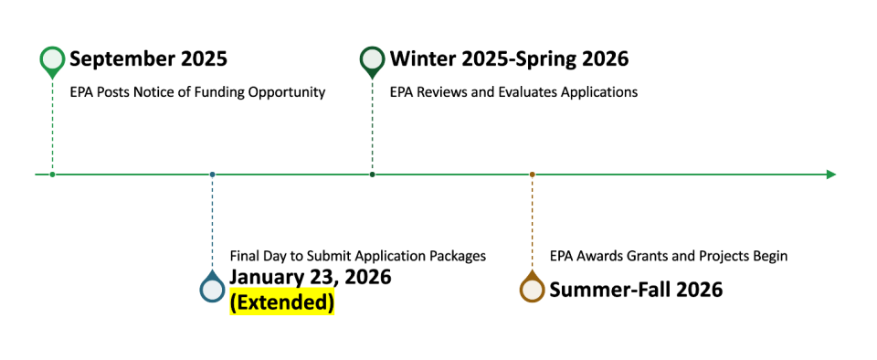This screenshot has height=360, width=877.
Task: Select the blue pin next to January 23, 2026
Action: (213, 289)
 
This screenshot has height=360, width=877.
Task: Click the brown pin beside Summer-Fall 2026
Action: (532, 289)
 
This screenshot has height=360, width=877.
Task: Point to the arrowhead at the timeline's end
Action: (830, 174)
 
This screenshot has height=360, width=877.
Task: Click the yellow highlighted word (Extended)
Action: (281, 302)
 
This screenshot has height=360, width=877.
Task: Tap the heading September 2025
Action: (148, 59)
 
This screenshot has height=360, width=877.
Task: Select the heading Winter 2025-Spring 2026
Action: (509, 59)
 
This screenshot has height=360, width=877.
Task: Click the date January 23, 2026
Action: (310, 277)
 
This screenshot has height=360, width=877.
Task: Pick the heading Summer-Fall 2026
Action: (636, 290)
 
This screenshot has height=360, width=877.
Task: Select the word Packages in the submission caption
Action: (455, 256)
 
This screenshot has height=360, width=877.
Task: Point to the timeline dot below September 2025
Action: (53, 174)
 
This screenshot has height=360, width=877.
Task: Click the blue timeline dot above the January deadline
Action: (213, 174)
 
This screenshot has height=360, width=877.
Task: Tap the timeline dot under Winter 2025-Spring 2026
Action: (373, 174)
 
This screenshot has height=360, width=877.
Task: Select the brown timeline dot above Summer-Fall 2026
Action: (532, 174)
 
